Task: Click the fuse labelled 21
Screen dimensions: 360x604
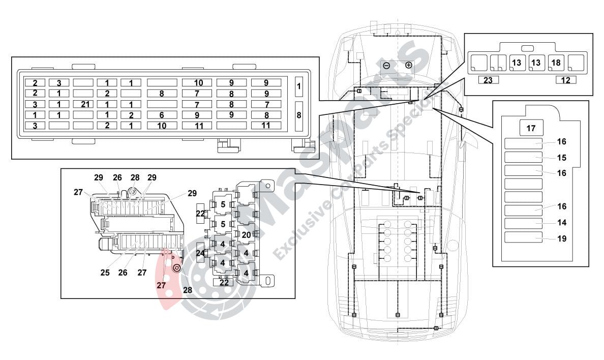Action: pyautogui.click(x=85, y=104)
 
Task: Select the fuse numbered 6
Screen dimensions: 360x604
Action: pyautogui.click(x=162, y=115)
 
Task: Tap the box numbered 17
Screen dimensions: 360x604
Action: pyautogui.click(x=531, y=128)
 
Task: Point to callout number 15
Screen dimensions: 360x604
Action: pyautogui.click(x=561, y=158)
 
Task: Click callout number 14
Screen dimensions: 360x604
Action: pyautogui.click(x=561, y=222)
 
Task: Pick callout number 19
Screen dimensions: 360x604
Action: pyautogui.click(x=561, y=238)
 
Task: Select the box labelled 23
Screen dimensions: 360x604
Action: pyautogui.click(x=488, y=80)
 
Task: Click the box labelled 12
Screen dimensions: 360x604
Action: pyautogui.click(x=565, y=80)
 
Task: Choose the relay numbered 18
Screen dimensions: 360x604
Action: pyautogui.click(x=555, y=63)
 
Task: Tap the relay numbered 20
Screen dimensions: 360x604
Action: pyautogui.click(x=246, y=234)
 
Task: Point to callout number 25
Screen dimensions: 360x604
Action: pyautogui.click(x=105, y=273)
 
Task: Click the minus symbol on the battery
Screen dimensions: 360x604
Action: pyautogui.click(x=386, y=66)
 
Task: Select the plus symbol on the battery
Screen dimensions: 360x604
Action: pyautogui.click(x=409, y=66)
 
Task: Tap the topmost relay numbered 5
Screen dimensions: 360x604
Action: pyautogui.click(x=223, y=204)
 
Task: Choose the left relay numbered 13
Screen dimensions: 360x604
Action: pyautogui.click(x=516, y=63)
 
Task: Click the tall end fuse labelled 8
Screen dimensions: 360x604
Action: pyautogui.click(x=299, y=115)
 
